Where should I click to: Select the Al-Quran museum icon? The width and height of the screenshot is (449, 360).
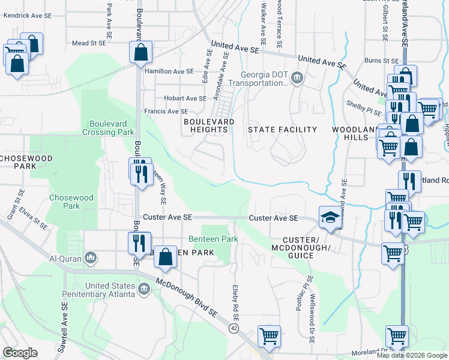pyautogui.click(x=91, y=258)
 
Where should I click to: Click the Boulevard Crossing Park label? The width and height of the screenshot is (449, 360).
pyautogui.click(x=108, y=127)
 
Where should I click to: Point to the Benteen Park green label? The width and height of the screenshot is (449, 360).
pyautogui.click(x=214, y=239)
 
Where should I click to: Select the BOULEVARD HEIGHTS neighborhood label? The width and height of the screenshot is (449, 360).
pyautogui.click(x=208, y=126)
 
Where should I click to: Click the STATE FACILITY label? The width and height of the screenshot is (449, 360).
pyautogui.click(x=283, y=130)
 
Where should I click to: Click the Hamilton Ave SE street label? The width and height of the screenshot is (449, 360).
pyautogui.click(x=169, y=71)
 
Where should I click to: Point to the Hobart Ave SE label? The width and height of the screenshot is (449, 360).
pyautogui.click(x=181, y=98)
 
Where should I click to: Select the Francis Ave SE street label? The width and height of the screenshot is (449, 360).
pyautogui.click(x=166, y=112)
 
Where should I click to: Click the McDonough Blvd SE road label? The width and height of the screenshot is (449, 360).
pyautogui.click(x=187, y=297)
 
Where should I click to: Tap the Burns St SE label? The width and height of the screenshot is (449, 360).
pyautogui.click(x=382, y=61)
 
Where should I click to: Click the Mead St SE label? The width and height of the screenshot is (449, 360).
pyautogui.click(x=89, y=43)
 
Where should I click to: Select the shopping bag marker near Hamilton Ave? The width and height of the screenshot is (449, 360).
pyautogui.click(x=140, y=52)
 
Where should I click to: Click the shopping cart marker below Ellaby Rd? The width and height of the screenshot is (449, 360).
pyautogui.click(x=269, y=336)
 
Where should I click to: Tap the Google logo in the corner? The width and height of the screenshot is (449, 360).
pyautogui.click(x=20, y=353)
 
